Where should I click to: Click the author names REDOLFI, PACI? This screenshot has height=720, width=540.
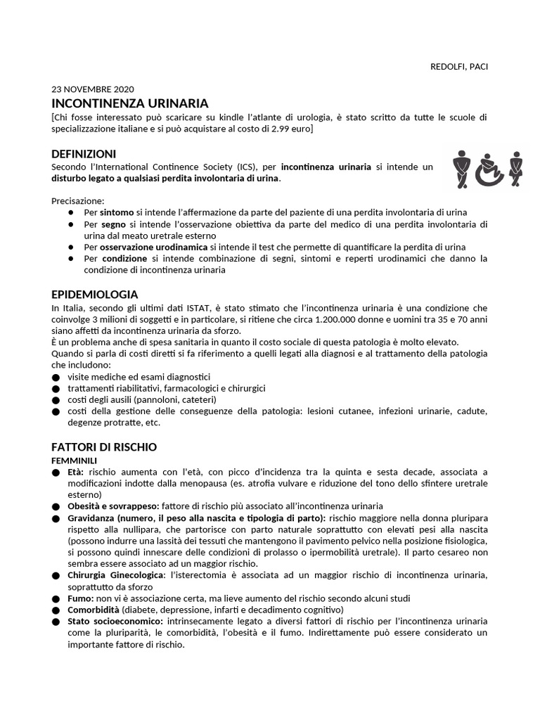458,67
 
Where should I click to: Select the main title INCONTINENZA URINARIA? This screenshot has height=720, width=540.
129,103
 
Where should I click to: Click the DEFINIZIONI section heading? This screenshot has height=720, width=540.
84,154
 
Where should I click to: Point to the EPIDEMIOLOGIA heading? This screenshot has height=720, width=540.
94,294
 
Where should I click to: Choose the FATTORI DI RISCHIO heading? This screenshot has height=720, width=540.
104,447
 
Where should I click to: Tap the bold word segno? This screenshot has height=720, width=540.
112,224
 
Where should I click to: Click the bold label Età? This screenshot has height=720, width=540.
76,471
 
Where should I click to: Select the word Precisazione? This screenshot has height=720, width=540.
78,200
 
